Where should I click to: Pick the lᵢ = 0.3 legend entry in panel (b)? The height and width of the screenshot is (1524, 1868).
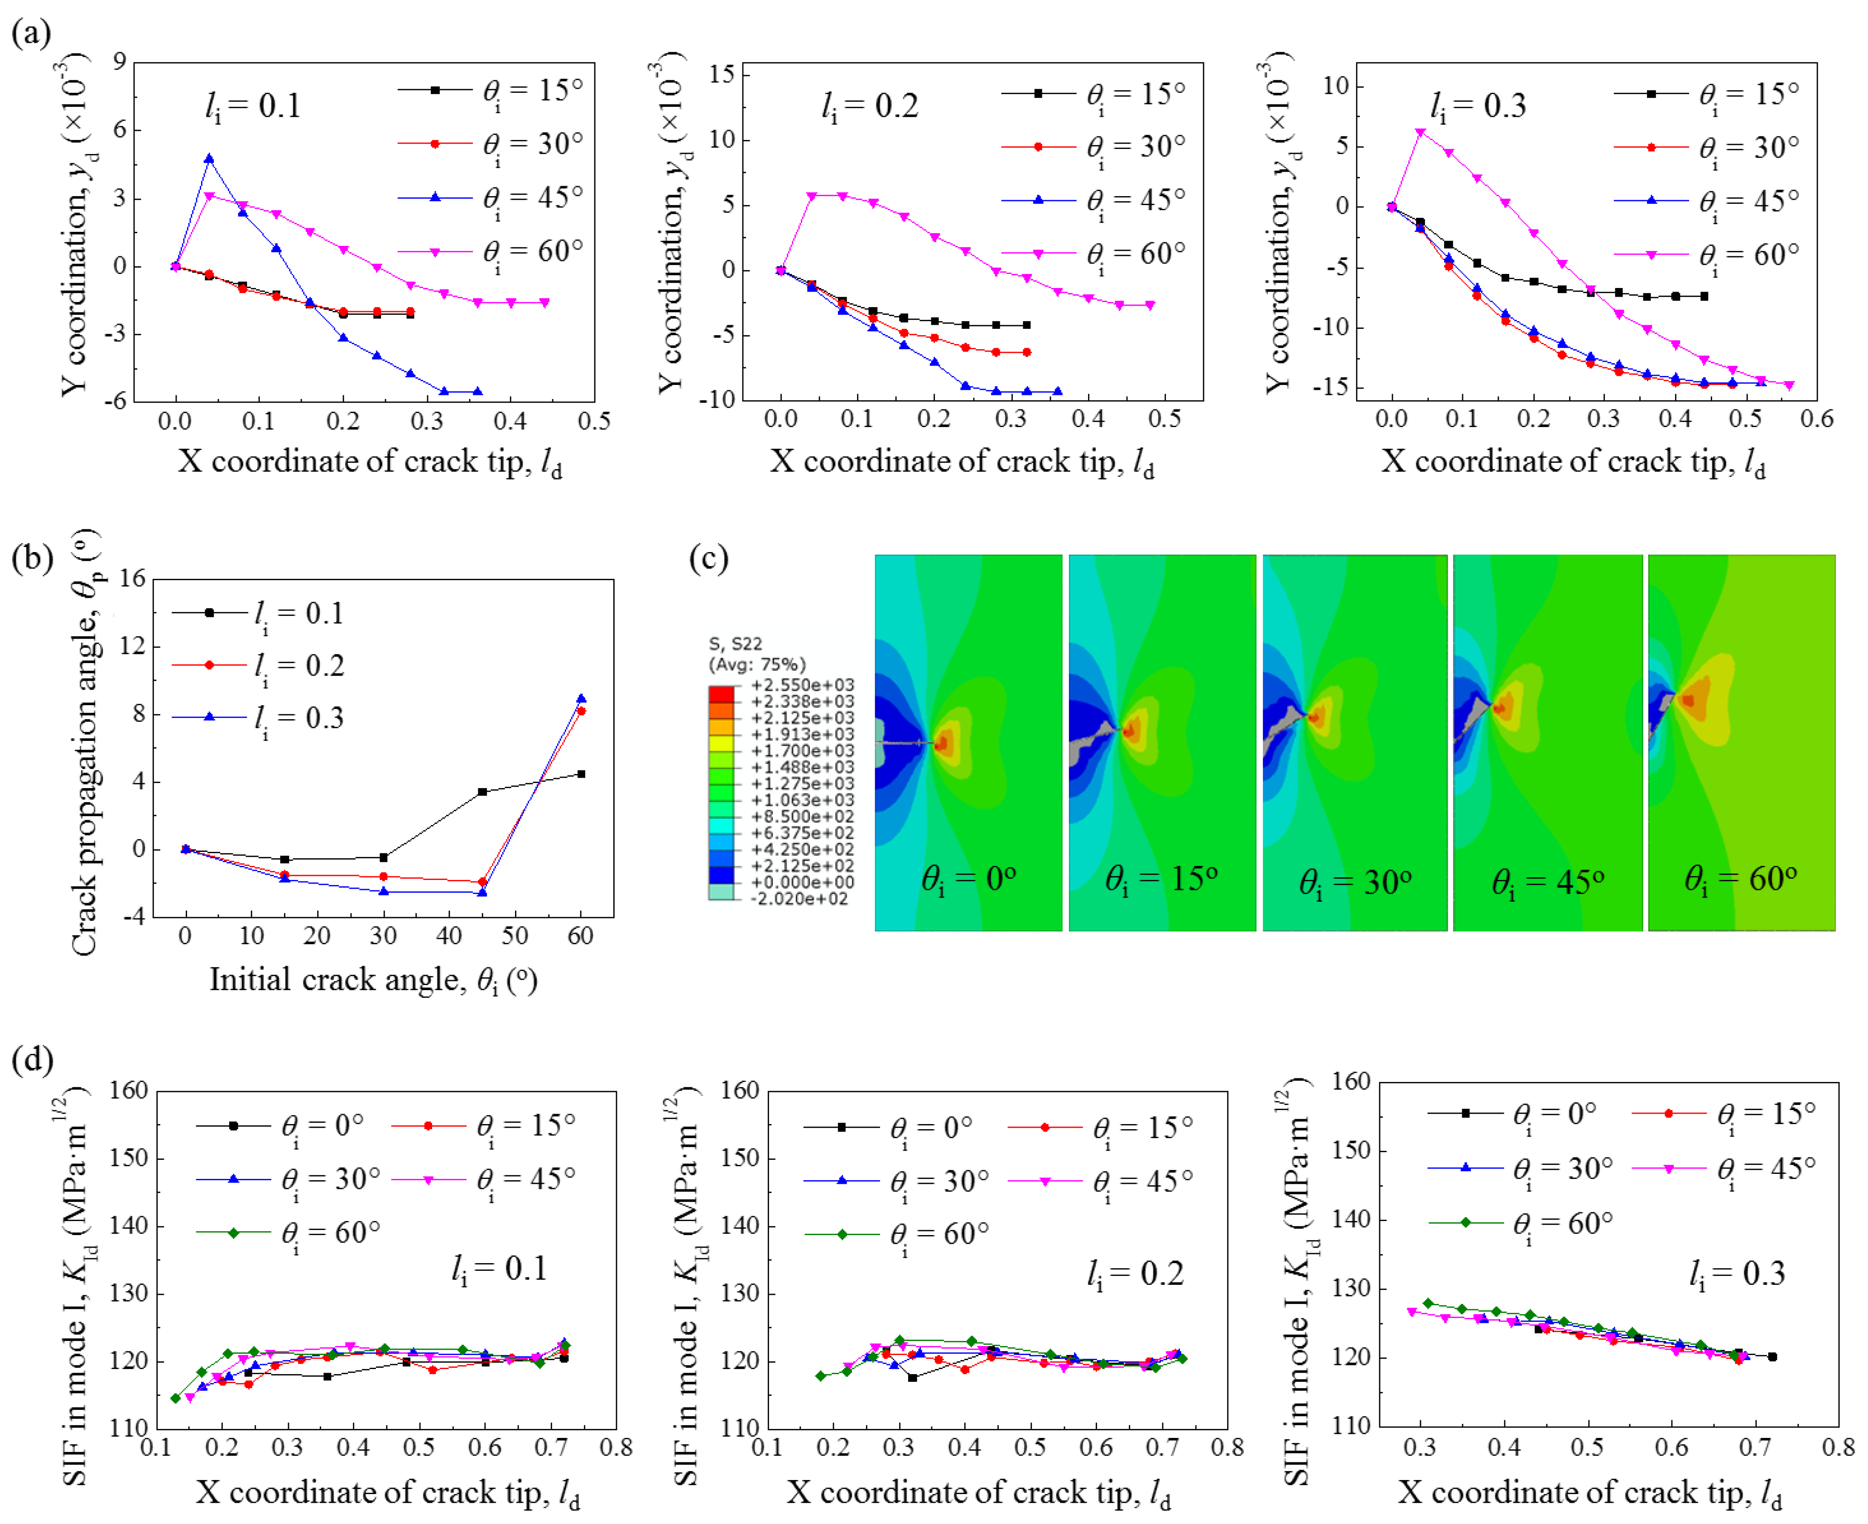(298, 718)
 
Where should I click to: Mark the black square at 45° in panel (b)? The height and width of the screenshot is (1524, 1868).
(482, 792)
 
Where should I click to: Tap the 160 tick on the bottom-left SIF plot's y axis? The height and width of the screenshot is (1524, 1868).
(129, 1090)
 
